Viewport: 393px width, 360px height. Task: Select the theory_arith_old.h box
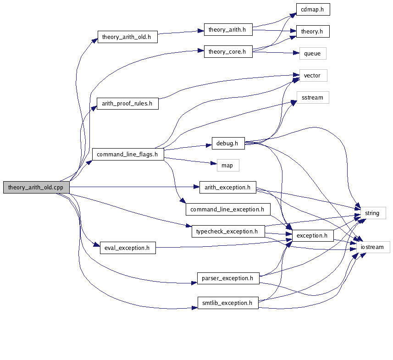[127, 37]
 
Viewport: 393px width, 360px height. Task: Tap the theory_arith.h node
[227, 30]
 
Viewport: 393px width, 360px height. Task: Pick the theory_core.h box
[228, 52]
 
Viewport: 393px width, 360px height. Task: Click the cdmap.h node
[312, 10]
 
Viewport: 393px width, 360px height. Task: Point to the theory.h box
[312, 32]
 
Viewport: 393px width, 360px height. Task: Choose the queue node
[313, 54]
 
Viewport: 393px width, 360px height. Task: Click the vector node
[313, 76]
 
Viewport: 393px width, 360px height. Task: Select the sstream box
[313, 98]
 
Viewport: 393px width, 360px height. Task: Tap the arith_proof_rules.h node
[127, 104]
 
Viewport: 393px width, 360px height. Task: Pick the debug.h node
[227, 144]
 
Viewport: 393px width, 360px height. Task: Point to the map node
[227, 166]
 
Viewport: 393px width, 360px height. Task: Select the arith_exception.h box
[227, 187]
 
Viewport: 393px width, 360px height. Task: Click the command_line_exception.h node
[227, 210]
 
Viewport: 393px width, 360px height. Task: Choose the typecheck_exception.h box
[227, 232]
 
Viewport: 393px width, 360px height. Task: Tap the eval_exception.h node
[127, 248]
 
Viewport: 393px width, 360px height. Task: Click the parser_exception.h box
[228, 278]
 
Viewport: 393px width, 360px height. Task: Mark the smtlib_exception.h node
[228, 303]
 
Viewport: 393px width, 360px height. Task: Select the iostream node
[372, 247]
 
